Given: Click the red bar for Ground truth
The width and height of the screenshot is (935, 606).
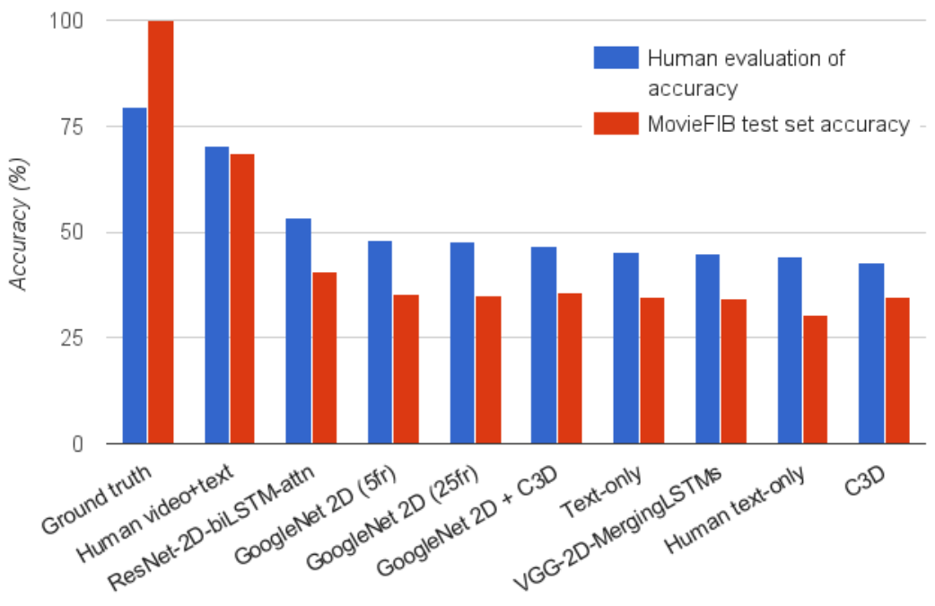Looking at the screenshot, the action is click(x=161, y=232).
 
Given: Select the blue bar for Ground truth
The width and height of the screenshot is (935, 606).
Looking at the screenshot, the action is click(x=135, y=276).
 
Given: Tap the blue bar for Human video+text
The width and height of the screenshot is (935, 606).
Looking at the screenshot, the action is click(x=216, y=295).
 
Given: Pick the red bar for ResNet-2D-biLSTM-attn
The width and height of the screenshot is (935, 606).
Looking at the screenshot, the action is click(x=325, y=358).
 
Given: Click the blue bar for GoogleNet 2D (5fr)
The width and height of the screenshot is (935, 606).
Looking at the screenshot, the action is click(x=380, y=342).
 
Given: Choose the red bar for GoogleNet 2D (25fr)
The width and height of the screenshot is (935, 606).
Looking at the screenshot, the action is click(x=488, y=370).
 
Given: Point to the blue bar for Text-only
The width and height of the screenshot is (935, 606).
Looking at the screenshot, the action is click(x=626, y=348).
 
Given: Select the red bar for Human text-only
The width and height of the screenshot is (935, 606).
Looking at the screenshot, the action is click(x=815, y=380).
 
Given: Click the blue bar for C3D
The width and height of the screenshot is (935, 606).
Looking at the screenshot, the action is click(x=871, y=354).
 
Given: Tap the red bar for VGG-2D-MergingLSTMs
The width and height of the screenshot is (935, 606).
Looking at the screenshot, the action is click(x=733, y=372).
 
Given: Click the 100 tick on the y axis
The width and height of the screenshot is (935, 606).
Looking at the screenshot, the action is click(x=66, y=21).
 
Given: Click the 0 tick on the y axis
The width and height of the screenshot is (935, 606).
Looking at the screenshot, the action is click(x=77, y=444).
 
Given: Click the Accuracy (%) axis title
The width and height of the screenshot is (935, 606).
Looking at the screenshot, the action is click(x=19, y=224).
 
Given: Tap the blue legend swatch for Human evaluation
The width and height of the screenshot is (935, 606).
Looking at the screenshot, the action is click(x=616, y=57).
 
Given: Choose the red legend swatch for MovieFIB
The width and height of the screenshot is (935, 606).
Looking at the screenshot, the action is click(x=616, y=124).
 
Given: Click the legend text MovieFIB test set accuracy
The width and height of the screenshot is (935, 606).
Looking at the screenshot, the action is click(x=779, y=124).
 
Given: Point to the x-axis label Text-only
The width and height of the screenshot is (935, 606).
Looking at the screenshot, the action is click(x=601, y=491).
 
